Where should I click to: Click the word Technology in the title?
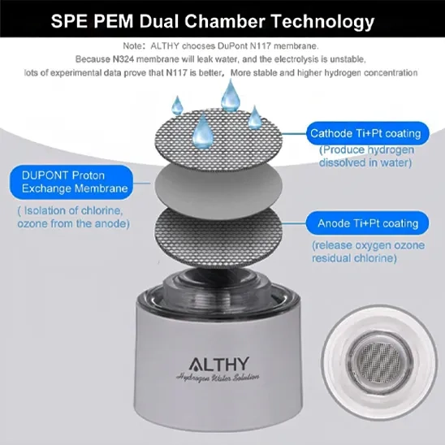pyautogui.click(x=322, y=22)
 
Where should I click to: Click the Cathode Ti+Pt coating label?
pyautogui.click(x=368, y=133)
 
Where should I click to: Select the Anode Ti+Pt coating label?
pyautogui.click(x=368, y=223)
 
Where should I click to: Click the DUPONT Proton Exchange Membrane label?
pyautogui.click(x=71, y=182)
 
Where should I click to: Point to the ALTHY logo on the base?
pyautogui.click(x=218, y=364)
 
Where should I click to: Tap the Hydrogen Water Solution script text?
pyautogui.click(x=218, y=378)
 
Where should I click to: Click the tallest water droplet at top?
pyautogui.click(x=230, y=96)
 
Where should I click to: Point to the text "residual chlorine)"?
pyautogui.click(x=354, y=258)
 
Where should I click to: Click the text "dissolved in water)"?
pyautogui.click(x=365, y=162)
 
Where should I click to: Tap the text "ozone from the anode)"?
pyautogui.click(x=74, y=223)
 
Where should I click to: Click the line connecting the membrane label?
pyautogui.click(x=141, y=183)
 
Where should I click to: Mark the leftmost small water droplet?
pyautogui.click(x=177, y=106)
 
